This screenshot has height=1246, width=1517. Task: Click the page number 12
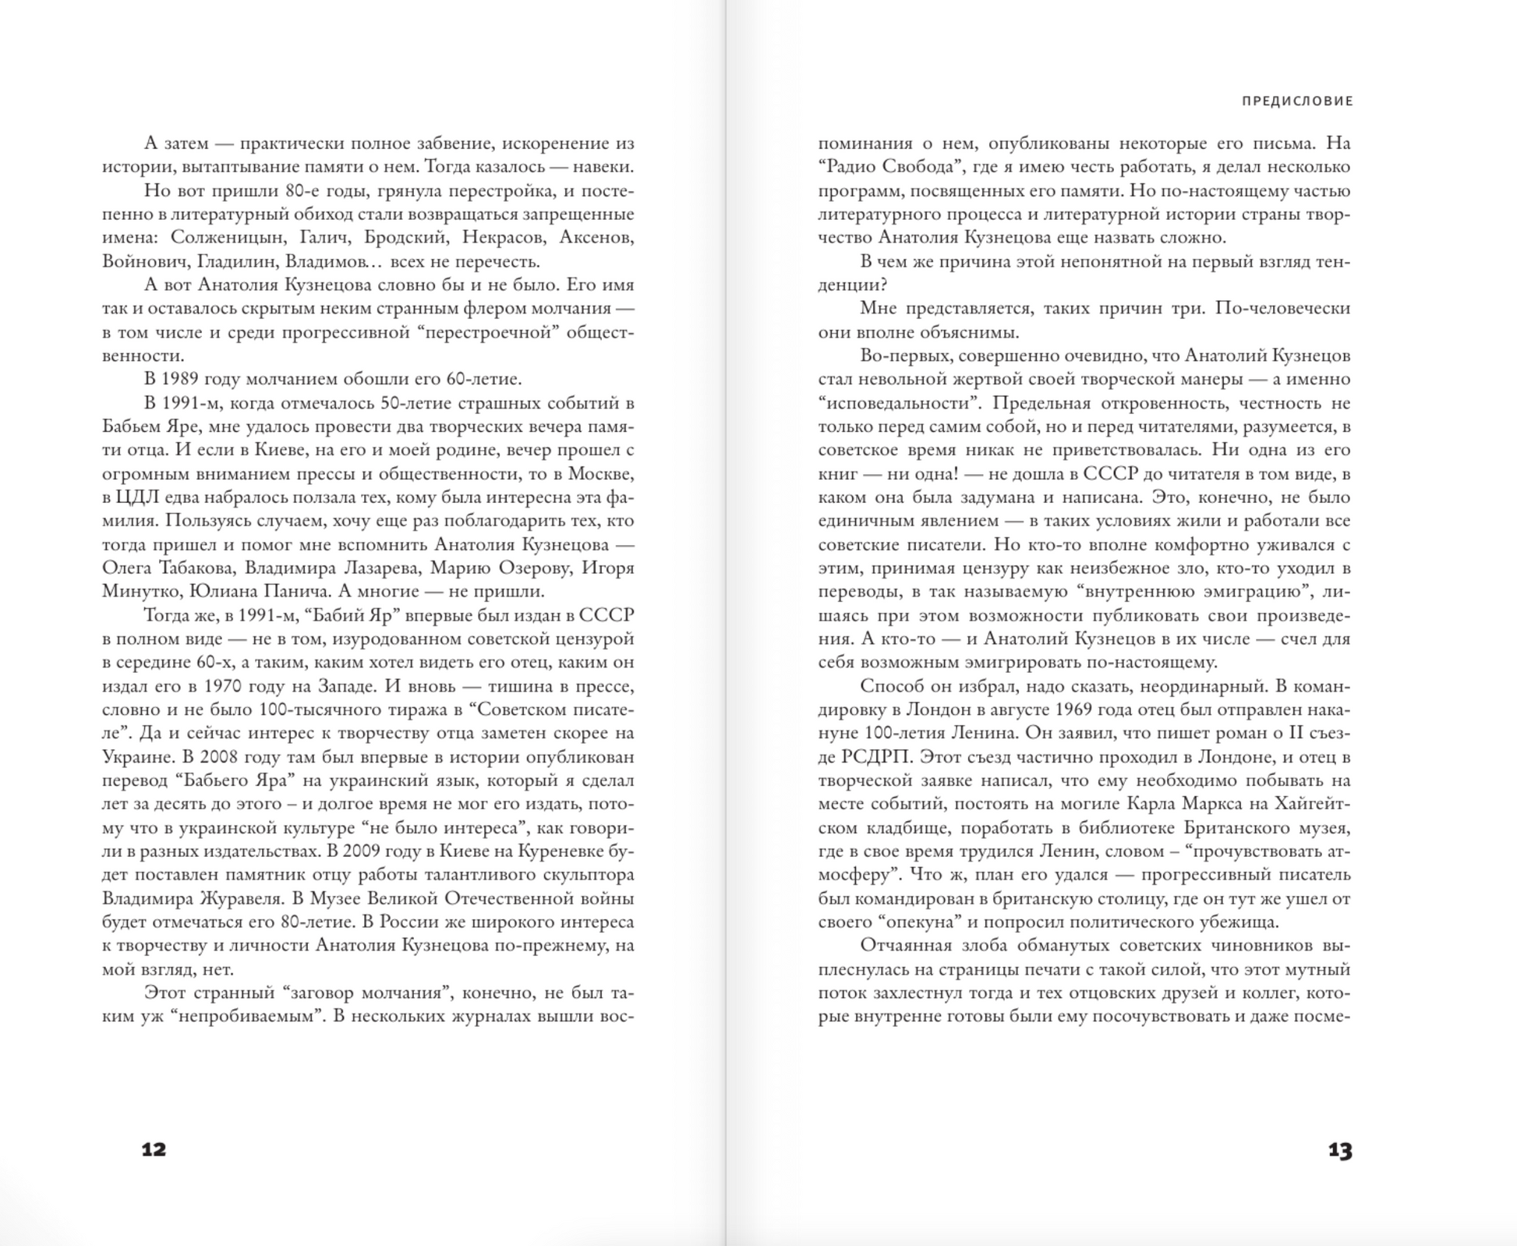pyautogui.click(x=154, y=1149)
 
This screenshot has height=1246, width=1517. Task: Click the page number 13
pyautogui.click(x=1340, y=1150)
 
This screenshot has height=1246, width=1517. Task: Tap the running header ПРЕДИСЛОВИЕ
pyautogui.click(x=1297, y=101)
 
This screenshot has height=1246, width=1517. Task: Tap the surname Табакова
pyautogui.click(x=197, y=568)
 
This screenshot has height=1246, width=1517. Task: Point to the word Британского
pyautogui.click(x=1204, y=827)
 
